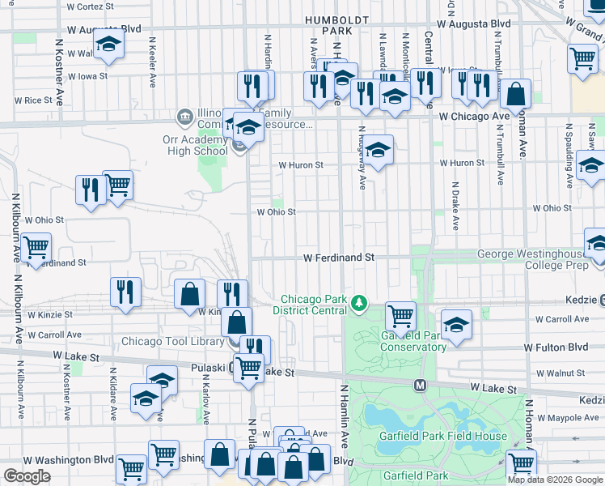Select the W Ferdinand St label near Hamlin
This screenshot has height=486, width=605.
(339, 257)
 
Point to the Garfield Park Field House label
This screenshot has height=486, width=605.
(443, 436)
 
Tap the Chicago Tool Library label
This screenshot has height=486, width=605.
(172, 341)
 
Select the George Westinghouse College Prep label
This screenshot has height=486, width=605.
(530, 259)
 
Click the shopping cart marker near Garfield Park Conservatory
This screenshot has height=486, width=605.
(400, 315)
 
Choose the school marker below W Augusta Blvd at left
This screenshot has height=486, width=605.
(108, 45)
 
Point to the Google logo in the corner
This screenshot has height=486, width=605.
(27, 475)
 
